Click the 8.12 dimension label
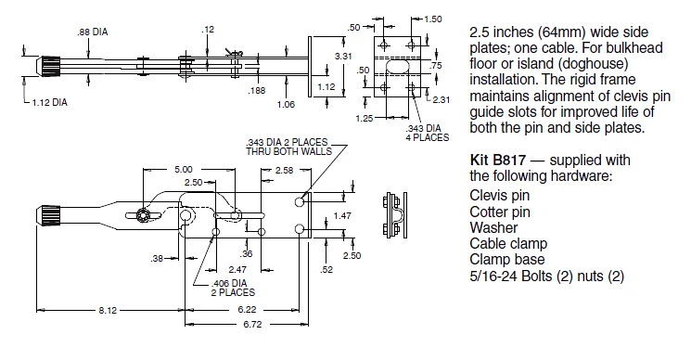click(108, 310)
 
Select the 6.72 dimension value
click(252, 325)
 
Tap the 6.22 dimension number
click(247, 310)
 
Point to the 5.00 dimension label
click(184, 170)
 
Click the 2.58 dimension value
click(284, 170)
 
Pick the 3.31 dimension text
click(343, 56)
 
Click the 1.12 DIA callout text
click(50, 103)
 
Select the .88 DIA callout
click(92, 32)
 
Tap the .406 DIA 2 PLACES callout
click(233, 288)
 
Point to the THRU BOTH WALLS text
click(288, 151)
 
